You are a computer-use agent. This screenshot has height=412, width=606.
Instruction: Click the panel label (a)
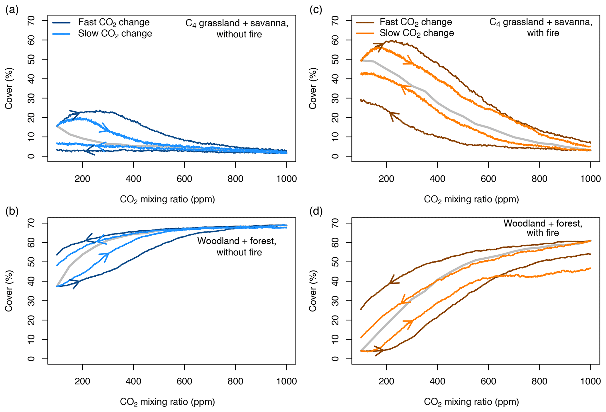(x=12, y=10)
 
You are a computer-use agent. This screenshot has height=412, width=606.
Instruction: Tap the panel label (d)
(x=316, y=212)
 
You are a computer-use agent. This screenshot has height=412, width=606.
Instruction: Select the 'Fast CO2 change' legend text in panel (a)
(x=114, y=23)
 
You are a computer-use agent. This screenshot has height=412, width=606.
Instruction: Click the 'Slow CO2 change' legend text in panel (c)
(x=417, y=33)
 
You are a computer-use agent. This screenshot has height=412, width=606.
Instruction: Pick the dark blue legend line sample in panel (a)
(x=62, y=23)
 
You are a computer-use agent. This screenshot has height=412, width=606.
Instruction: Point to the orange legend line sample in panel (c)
(x=365, y=33)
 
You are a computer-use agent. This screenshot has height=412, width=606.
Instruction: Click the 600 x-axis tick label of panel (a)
(x=184, y=179)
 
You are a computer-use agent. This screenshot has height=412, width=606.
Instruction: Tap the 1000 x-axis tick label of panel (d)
(x=590, y=382)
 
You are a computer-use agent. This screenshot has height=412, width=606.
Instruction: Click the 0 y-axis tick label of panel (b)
(x=31, y=359)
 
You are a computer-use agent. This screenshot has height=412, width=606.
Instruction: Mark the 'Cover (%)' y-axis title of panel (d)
(x=313, y=291)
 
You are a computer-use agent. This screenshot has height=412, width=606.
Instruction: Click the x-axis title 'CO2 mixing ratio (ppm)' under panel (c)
(x=471, y=200)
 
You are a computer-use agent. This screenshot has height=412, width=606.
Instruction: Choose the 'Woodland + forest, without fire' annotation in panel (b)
(x=237, y=246)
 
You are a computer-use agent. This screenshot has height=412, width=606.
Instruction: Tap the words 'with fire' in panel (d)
(x=543, y=233)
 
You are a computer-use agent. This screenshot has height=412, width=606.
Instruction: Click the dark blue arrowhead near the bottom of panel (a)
(x=89, y=151)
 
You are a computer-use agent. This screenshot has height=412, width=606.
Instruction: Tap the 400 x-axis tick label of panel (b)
(x=133, y=382)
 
